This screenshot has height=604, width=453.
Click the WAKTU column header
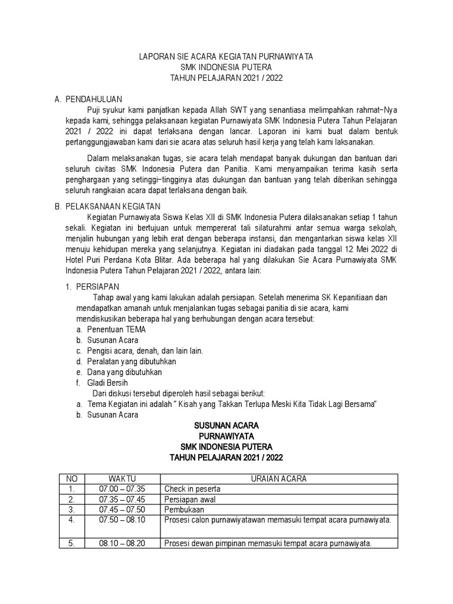coord(122,478)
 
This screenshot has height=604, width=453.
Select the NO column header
coord(71,478)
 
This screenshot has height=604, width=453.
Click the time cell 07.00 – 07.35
coord(122,488)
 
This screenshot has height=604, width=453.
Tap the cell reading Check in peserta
coord(192,488)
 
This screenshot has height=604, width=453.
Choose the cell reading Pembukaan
coord(184,508)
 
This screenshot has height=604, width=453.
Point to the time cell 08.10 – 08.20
coord(122,544)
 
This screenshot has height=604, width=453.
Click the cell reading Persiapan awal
coord(190,498)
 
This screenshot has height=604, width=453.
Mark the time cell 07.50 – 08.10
coord(122,519)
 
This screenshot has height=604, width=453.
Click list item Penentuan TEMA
coord(116,330)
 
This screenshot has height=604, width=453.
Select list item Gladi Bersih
coord(107,383)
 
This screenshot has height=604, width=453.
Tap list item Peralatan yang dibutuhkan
coord(132,362)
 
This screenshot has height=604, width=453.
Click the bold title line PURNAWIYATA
coord(226,436)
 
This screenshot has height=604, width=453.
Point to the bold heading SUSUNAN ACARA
coord(226,425)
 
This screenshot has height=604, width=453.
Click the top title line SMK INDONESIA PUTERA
coord(226,67)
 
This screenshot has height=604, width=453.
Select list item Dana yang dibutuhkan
coord(124,372)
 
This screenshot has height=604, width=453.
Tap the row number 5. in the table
coord(71,544)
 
